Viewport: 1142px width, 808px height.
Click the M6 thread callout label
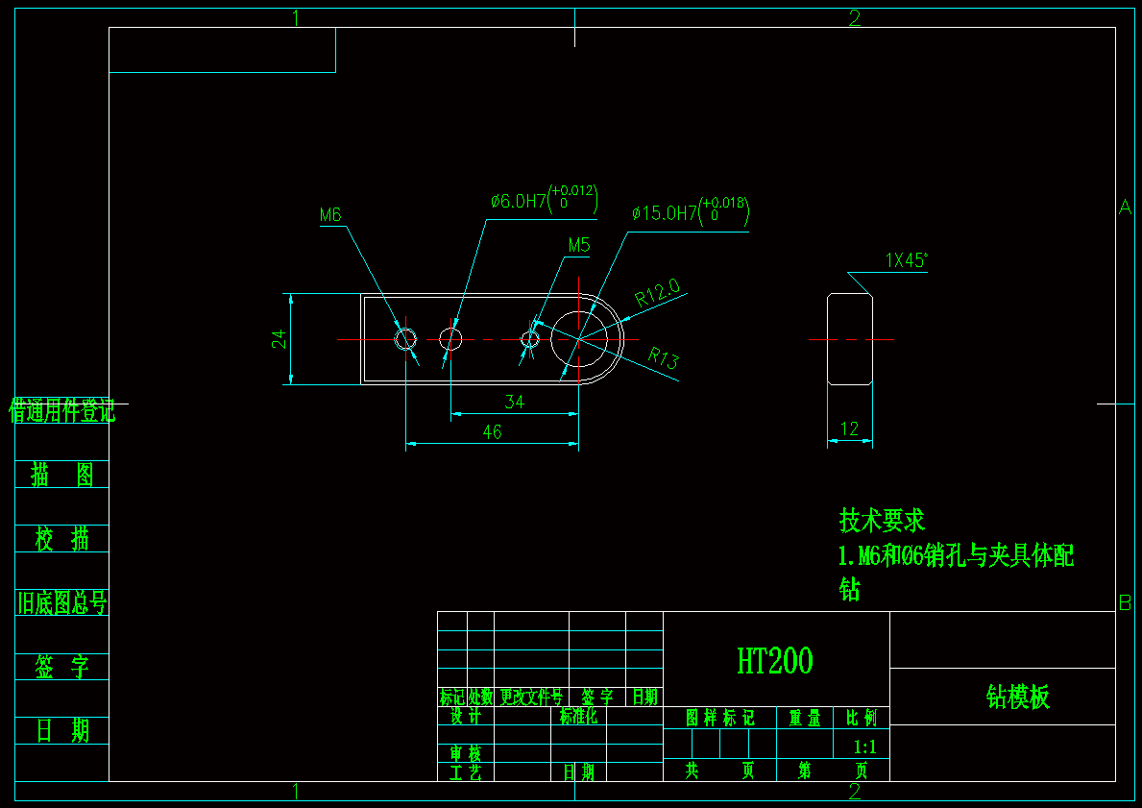pos(331,215)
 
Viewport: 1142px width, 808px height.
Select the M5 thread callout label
pos(578,245)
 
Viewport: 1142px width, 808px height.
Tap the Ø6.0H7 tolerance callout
pos(544,201)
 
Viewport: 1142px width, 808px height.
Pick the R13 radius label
pos(663,359)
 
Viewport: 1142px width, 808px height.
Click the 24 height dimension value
pos(279,338)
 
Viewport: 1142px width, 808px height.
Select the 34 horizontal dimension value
pos(515,402)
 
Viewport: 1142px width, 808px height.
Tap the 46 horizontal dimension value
pos(492,432)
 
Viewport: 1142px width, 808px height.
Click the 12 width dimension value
pos(850,429)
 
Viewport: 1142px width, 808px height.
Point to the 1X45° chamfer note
pos(907,259)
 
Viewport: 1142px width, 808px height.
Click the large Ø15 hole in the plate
pos(586,338)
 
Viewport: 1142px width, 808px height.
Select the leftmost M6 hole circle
pos(405,338)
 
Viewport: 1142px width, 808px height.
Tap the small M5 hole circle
pos(529,338)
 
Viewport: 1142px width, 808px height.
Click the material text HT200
pos(775,661)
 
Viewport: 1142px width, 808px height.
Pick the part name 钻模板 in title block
pos(1018,697)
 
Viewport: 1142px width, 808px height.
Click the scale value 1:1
pos(864,746)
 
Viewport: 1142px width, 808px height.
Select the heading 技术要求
pos(882,520)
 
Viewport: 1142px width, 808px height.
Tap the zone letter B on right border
pos(1126,603)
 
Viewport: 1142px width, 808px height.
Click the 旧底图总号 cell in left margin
pos(62,602)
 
